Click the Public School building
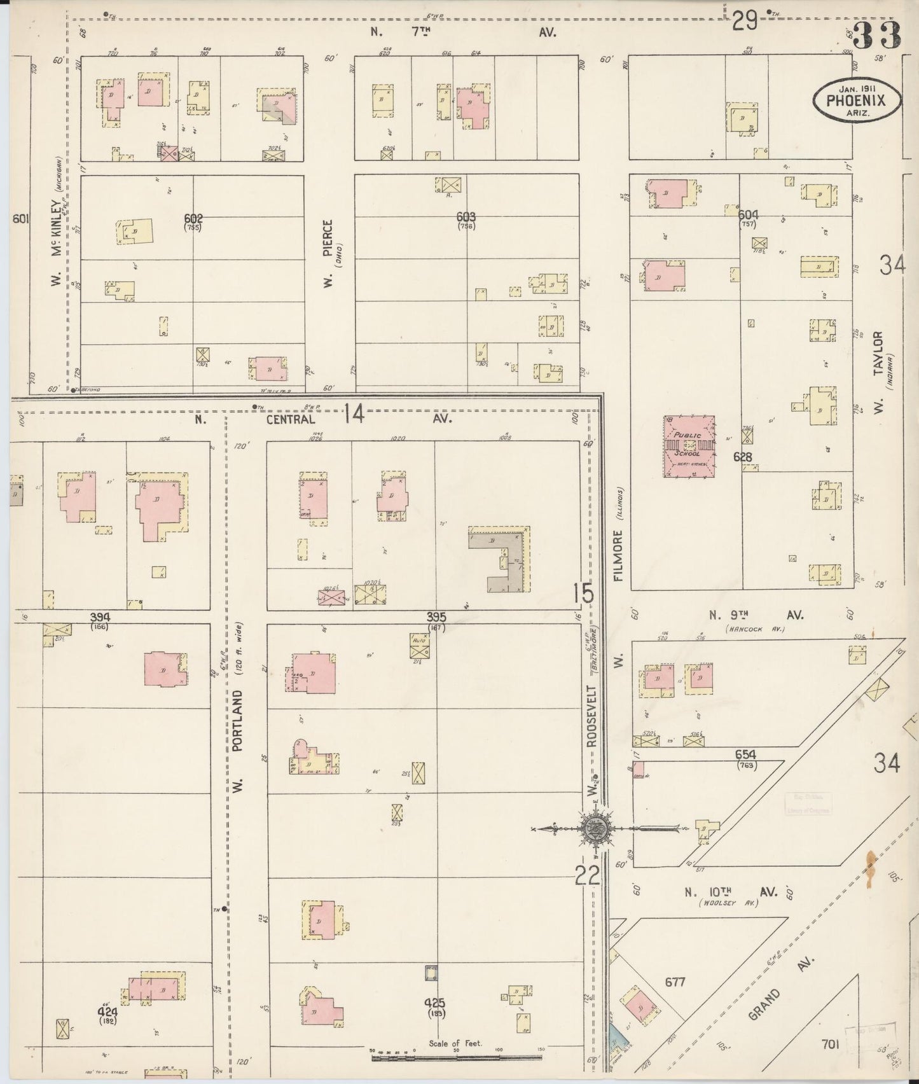click(689, 447)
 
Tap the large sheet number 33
click(878, 35)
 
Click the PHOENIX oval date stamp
click(857, 99)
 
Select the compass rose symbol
click(595, 828)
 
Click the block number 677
click(675, 982)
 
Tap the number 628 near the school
click(742, 457)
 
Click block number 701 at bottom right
click(831, 1044)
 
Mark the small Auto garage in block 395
click(419, 644)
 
